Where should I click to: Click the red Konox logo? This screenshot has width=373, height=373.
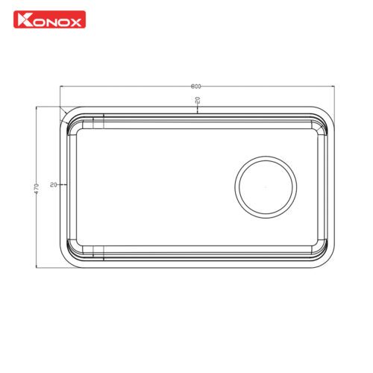[50, 19]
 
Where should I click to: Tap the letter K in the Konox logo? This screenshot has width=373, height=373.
[24, 19]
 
